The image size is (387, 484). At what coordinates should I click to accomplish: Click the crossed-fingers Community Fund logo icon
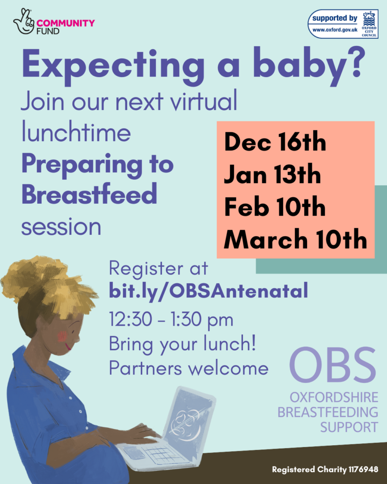pyautogui.click(x=24, y=21)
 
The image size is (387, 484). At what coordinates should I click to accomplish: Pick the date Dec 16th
pyautogui.click(x=275, y=142)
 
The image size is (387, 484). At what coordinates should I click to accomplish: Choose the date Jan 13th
pyautogui.click(x=272, y=174)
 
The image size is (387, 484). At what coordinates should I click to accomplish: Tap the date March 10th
pyautogui.click(x=295, y=240)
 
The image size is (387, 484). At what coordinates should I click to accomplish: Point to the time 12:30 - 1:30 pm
pyautogui.click(x=171, y=320)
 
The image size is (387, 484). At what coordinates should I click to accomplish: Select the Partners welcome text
pyautogui.click(x=189, y=368)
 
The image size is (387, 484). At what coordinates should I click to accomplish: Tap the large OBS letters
pyautogui.click(x=333, y=367)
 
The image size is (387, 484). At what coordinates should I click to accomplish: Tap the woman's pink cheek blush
pyautogui.click(x=62, y=337)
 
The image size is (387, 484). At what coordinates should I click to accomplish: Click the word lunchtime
pyautogui.click(x=76, y=133)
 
